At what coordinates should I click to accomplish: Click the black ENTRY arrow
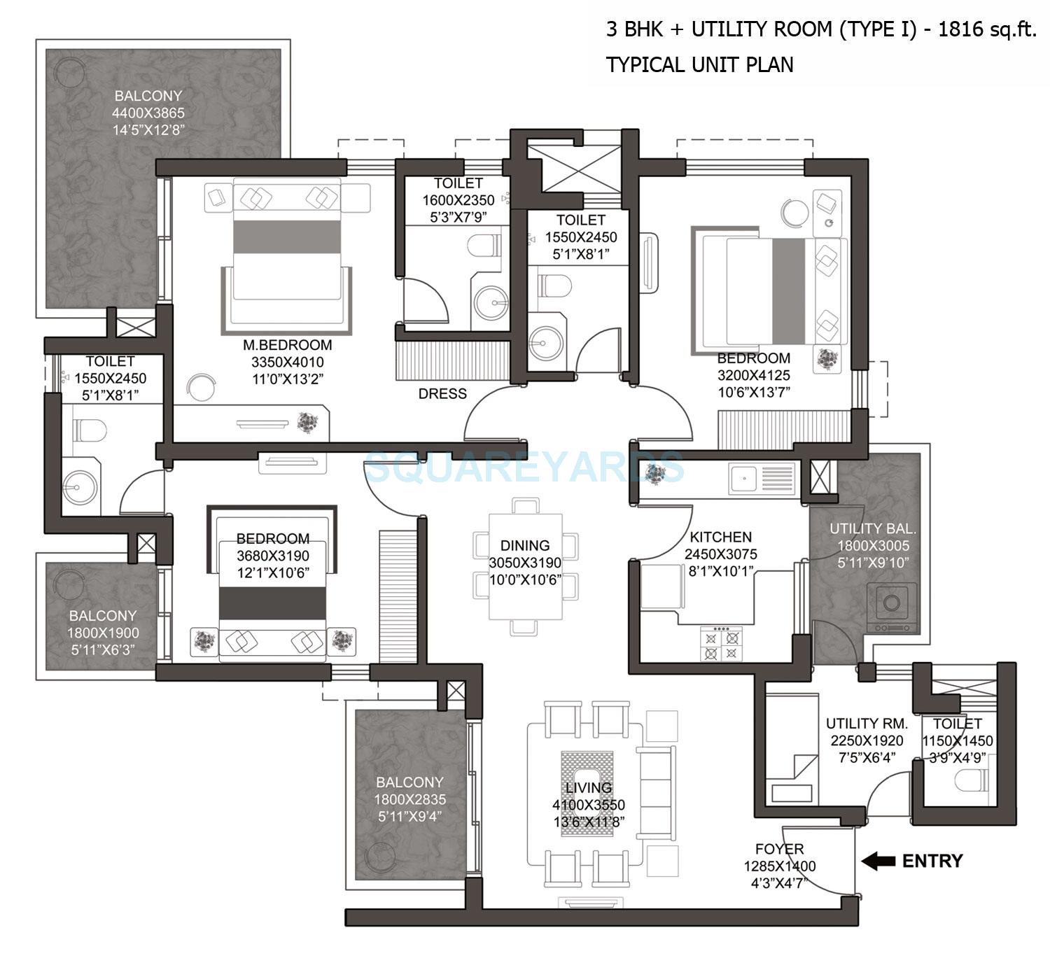[x=878, y=861]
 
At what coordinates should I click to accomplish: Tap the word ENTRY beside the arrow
[x=932, y=861]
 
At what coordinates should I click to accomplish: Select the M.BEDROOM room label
[x=287, y=345]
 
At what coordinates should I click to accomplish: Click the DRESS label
[x=442, y=394]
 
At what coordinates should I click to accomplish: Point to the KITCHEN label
[x=720, y=537]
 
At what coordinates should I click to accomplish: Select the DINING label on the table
[x=524, y=545]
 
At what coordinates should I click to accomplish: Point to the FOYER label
[x=779, y=849]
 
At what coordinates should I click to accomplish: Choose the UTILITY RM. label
[x=867, y=724]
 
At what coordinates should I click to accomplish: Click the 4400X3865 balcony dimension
[x=148, y=113]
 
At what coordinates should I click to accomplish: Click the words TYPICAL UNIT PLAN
[x=699, y=65]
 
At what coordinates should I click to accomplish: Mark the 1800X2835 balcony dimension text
[x=409, y=799]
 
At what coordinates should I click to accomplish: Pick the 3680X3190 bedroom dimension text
[x=272, y=556]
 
